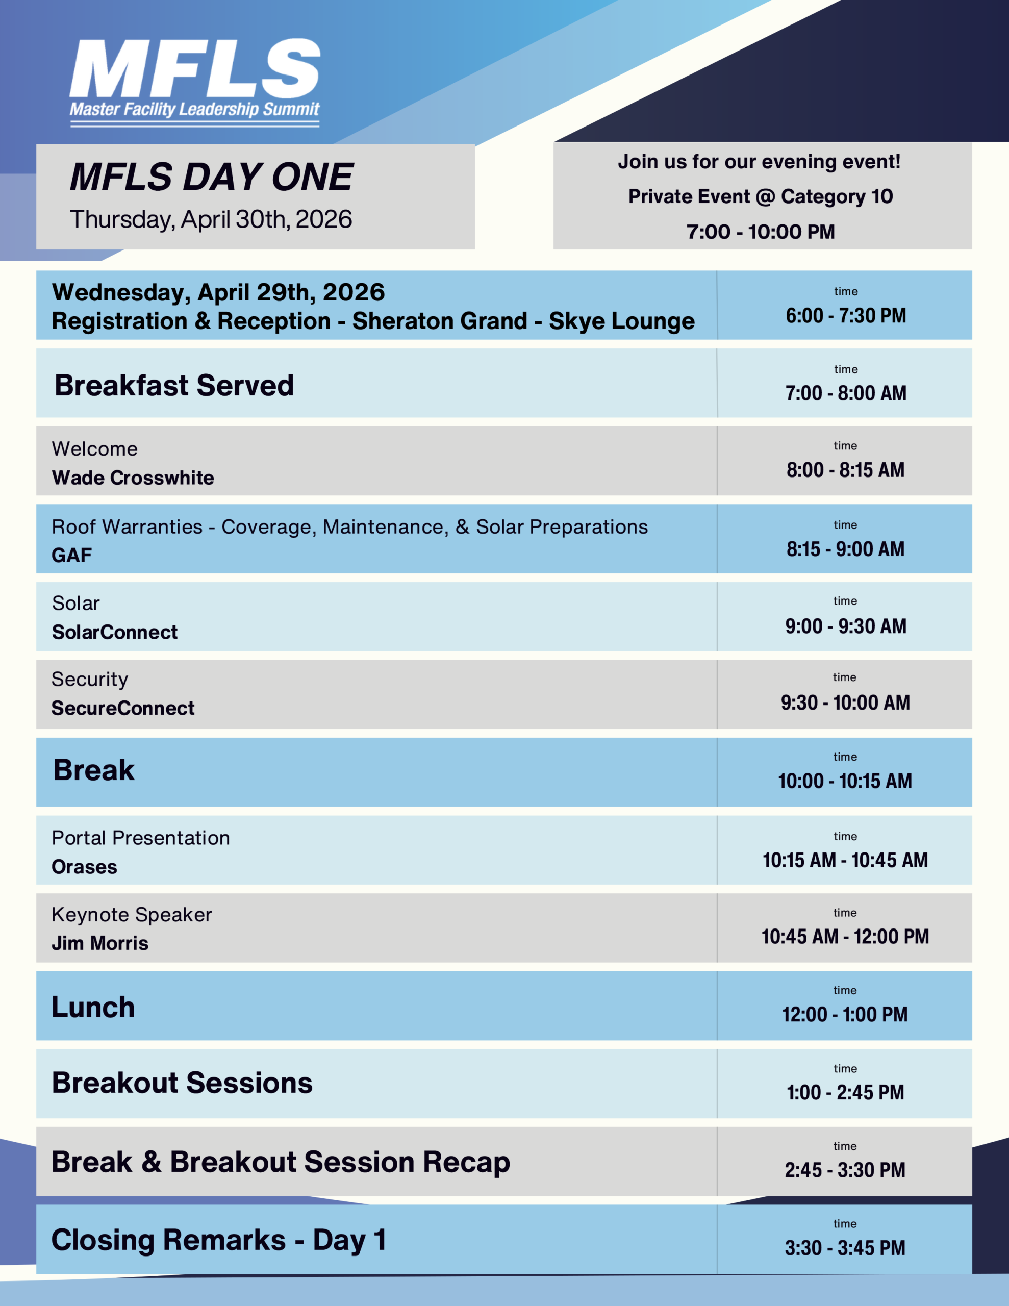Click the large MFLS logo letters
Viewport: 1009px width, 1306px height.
[x=195, y=68]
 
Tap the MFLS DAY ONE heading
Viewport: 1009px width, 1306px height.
[x=211, y=177]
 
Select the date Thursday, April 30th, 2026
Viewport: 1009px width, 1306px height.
[x=211, y=219]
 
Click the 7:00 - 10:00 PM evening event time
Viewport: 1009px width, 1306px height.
[x=760, y=232]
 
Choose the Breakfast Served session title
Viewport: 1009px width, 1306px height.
[x=174, y=385]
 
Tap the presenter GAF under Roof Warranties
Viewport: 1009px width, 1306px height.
[x=72, y=555]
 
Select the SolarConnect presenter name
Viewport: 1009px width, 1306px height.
[x=115, y=632]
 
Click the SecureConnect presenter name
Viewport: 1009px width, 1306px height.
[x=123, y=708]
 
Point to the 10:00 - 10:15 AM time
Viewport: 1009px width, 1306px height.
[x=845, y=781]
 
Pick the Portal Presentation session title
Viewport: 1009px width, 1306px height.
[x=141, y=838]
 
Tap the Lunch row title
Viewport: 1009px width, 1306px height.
[x=93, y=1007]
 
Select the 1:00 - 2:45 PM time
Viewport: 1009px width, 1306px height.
[x=845, y=1093]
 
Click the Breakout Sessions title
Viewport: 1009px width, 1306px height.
[x=183, y=1083]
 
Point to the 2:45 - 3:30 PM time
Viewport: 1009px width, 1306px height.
[x=845, y=1170]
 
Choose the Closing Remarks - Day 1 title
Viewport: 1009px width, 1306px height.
[x=219, y=1240]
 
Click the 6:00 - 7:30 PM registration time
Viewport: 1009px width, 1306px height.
[x=846, y=316]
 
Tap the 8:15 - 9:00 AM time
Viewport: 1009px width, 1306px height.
[x=845, y=549]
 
